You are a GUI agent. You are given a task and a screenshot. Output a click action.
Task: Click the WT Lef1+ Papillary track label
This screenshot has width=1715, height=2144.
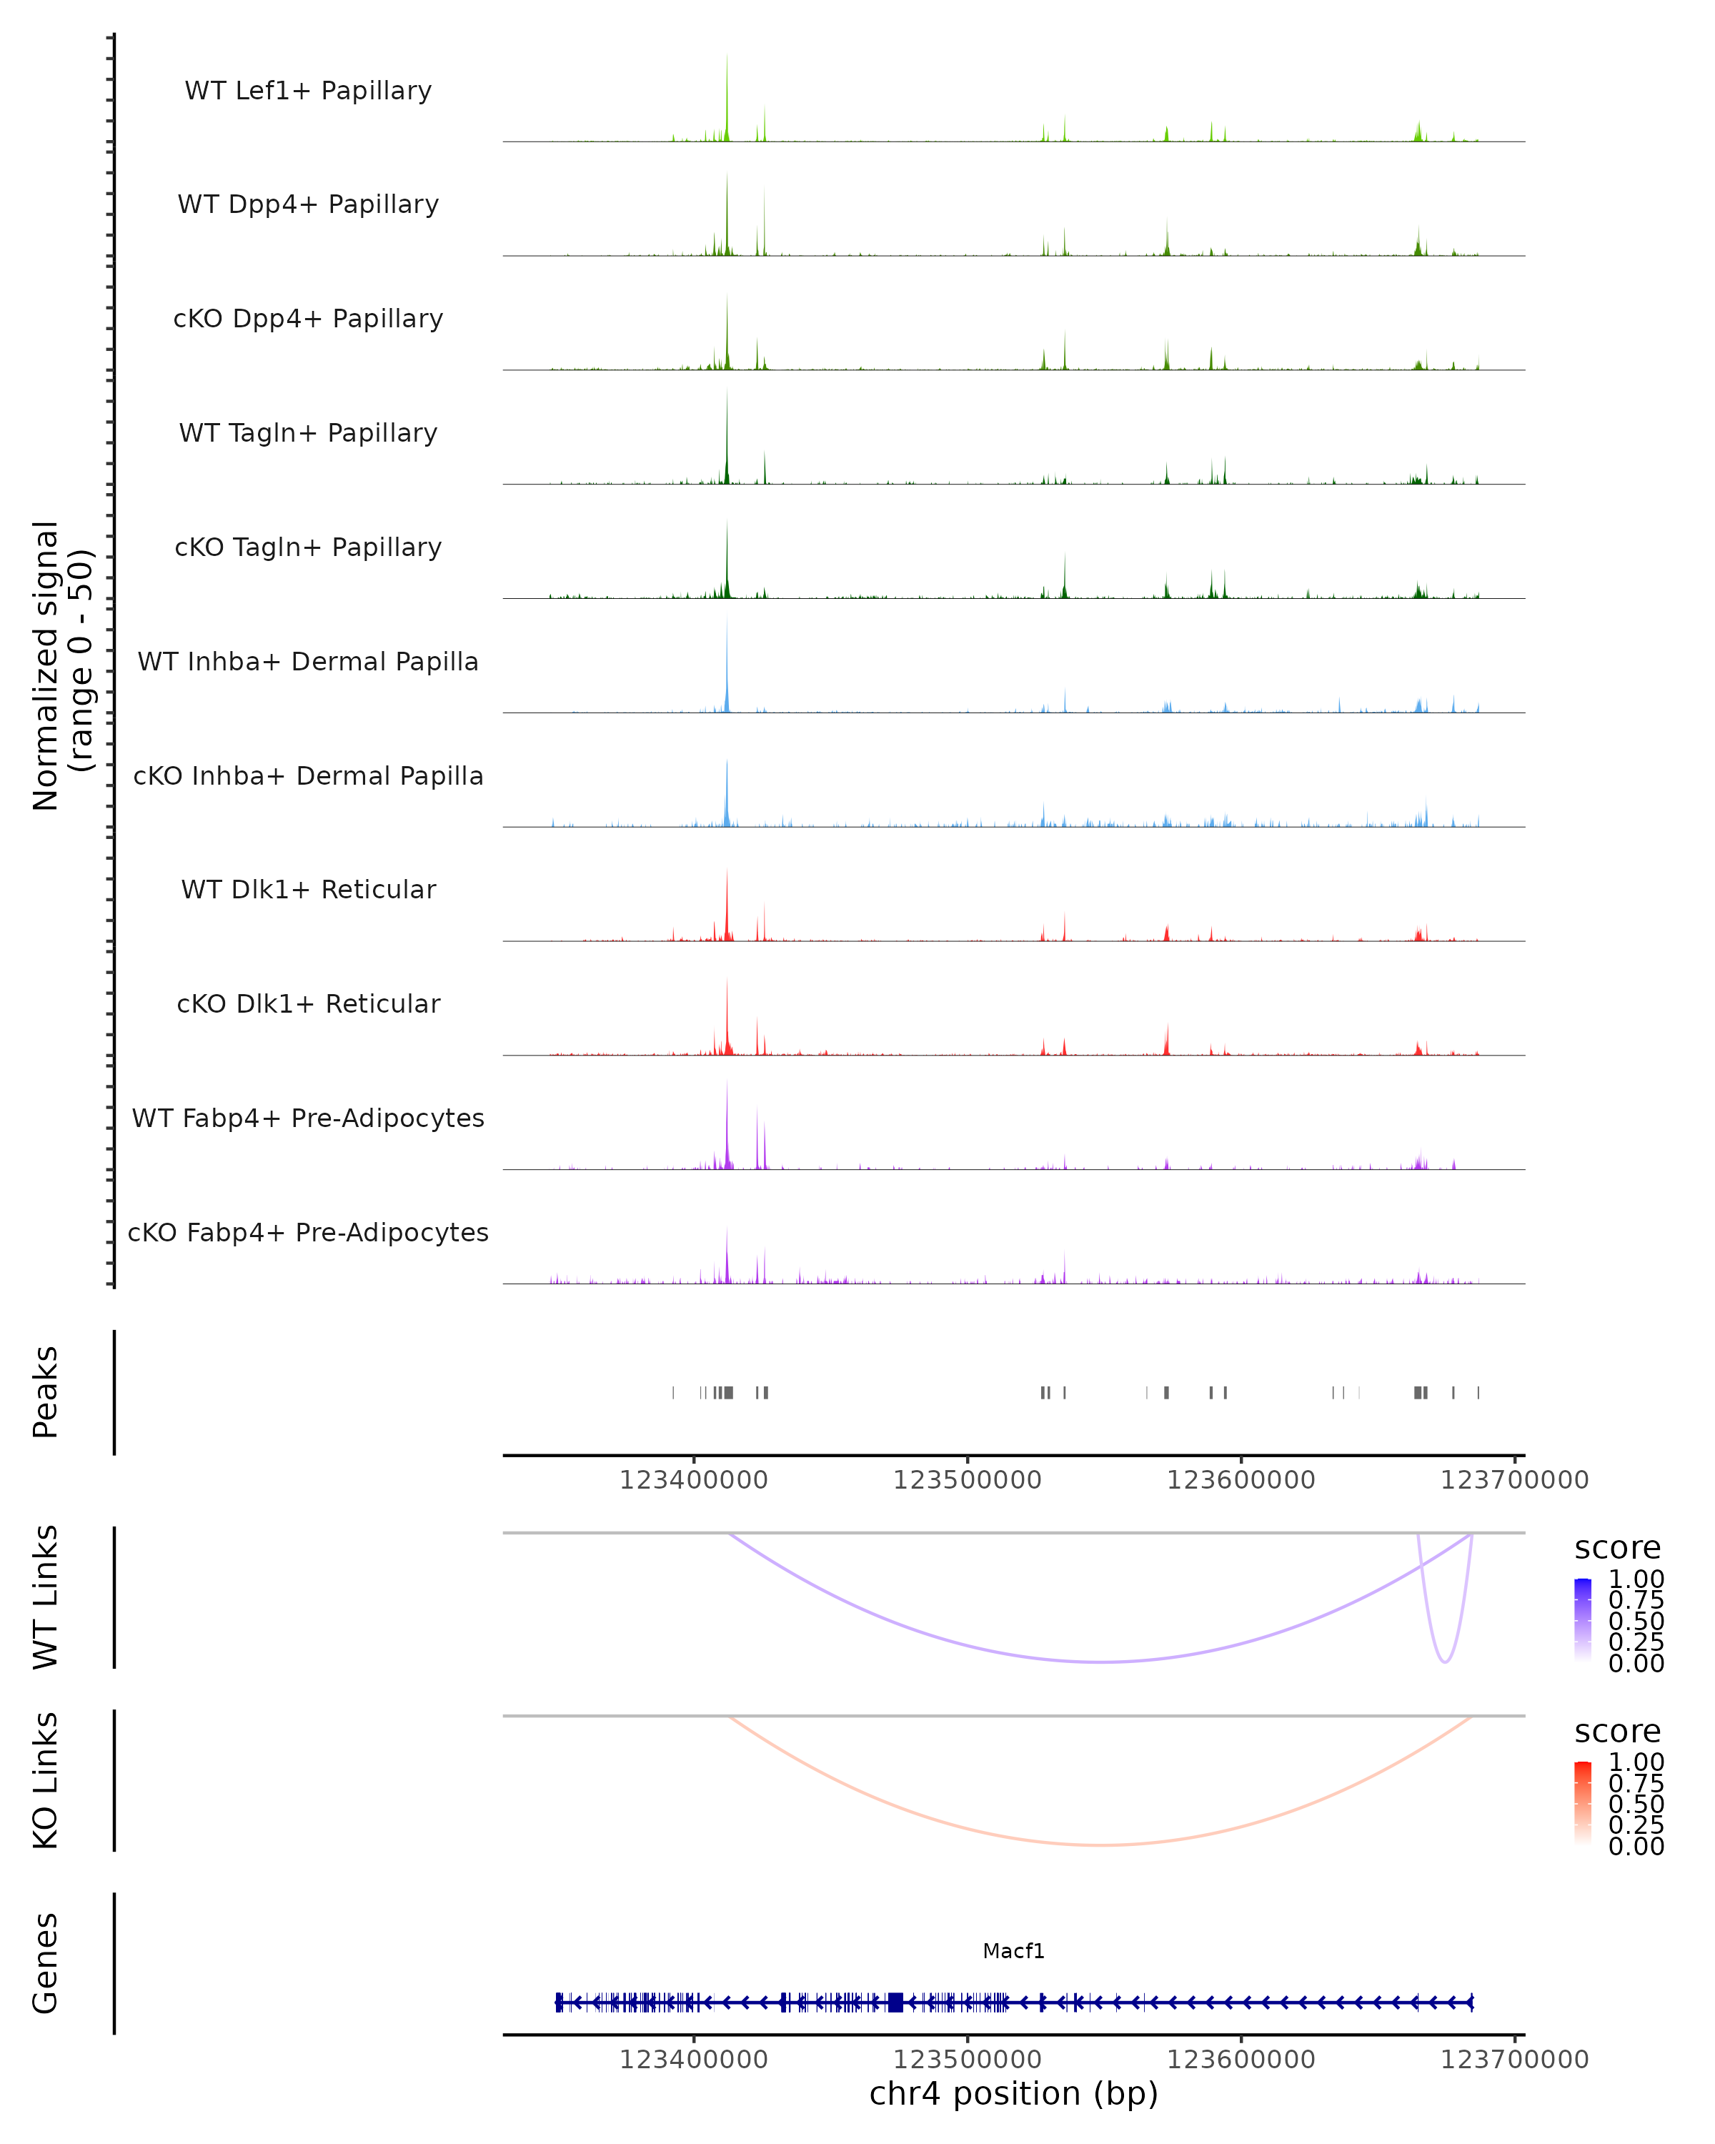pyautogui.click(x=308, y=91)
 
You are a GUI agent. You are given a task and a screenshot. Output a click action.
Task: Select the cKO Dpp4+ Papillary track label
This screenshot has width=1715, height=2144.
pyautogui.click(x=308, y=319)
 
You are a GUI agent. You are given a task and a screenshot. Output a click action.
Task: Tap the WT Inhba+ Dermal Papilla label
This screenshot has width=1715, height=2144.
pyautogui.click(x=308, y=662)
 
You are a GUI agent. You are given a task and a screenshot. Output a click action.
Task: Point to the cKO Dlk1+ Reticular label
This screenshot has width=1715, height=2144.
pyautogui.click(x=308, y=1004)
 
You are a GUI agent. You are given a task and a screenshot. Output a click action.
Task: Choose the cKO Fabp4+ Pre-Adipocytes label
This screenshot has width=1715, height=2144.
pyautogui.click(x=308, y=1233)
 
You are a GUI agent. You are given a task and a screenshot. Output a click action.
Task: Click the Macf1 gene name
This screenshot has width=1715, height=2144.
pyautogui.click(x=1013, y=1951)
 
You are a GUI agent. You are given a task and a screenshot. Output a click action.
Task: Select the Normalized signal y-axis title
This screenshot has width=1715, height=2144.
pyautogui.click(x=61, y=665)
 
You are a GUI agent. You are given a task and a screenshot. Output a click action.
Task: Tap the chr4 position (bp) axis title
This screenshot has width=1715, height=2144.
pyautogui.click(x=1013, y=2094)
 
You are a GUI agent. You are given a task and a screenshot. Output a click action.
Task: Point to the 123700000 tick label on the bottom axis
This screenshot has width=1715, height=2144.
pyautogui.click(x=1514, y=2060)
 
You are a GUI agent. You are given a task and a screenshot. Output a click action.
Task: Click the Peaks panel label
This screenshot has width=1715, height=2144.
pyautogui.click(x=46, y=1392)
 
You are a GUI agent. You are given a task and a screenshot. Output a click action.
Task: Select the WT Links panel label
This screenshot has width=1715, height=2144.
pyautogui.click(x=46, y=1597)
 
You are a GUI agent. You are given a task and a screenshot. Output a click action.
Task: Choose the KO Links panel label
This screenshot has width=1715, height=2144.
pyautogui.click(x=46, y=1780)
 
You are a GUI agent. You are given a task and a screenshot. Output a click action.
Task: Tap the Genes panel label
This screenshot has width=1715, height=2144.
pyautogui.click(x=46, y=1963)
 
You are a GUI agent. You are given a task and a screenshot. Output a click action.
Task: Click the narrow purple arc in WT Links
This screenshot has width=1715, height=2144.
pyautogui.click(x=1445, y=1661)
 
